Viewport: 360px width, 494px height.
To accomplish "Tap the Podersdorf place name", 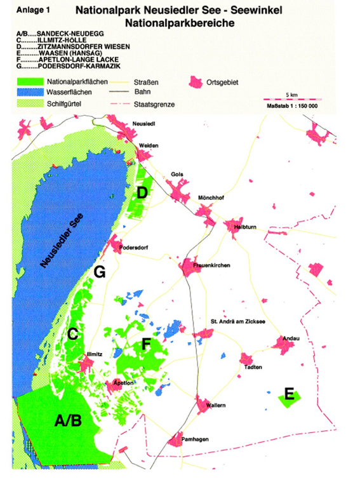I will (x=134, y=248).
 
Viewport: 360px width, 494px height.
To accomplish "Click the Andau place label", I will (x=290, y=337).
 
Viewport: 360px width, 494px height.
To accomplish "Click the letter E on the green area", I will (x=289, y=394).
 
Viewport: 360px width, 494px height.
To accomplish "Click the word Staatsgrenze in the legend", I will (x=159, y=103).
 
